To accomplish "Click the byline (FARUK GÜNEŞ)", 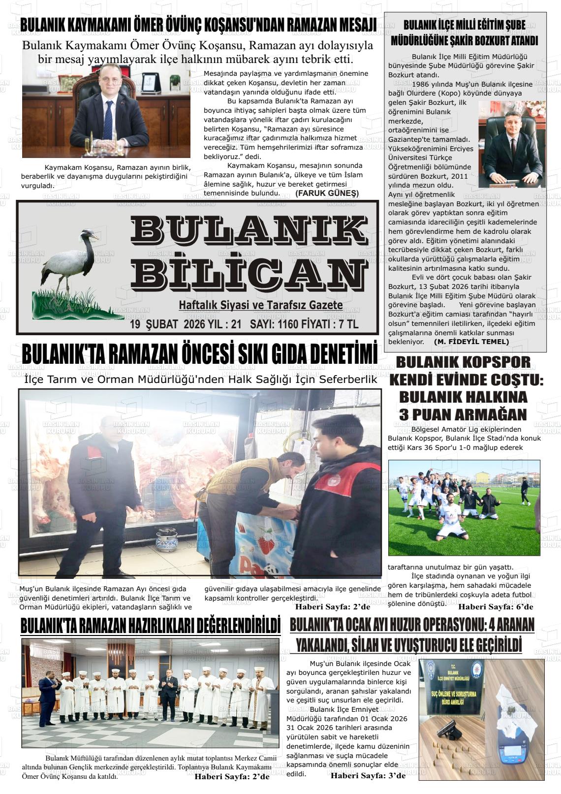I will coord(327,193).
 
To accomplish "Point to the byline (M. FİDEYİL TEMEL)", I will coord(471,341).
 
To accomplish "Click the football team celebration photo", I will coord(464,508).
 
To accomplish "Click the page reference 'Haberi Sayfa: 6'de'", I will coord(496,607).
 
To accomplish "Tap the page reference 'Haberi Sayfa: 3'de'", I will coord(368,776).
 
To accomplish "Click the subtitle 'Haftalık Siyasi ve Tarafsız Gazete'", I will coord(260,306).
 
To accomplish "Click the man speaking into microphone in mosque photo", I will coord(50,691).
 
